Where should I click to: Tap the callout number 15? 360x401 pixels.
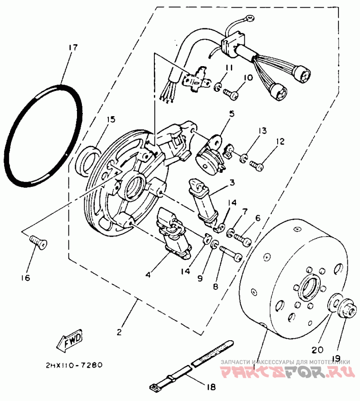click(111, 119)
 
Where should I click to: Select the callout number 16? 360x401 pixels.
click(25, 278)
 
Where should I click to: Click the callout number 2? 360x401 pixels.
click(119, 333)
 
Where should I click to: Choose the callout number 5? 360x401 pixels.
click(231, 114)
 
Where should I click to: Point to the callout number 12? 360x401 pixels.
click(280, 142)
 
